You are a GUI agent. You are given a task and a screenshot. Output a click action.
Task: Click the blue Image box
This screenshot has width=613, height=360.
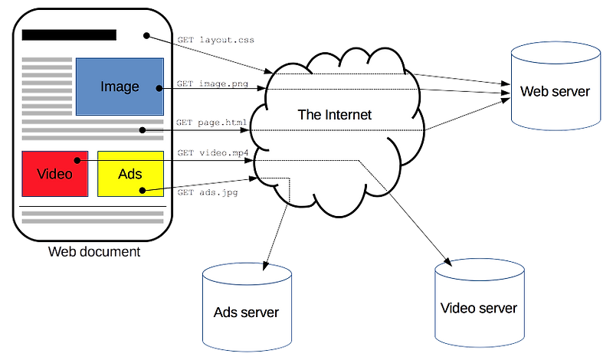tap(119, 86)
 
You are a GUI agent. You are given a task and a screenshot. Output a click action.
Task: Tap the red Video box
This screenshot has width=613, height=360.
tap(54, 173)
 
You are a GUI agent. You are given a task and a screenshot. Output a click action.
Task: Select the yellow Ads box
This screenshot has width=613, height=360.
tap(130, 173)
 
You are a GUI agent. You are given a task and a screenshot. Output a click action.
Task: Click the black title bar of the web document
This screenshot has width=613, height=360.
tap(69, 34)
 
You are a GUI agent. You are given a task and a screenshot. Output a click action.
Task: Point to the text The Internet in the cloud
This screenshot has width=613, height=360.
tap(334, 115)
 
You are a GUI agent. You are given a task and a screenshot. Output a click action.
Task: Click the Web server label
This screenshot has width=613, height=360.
tap(555, 91)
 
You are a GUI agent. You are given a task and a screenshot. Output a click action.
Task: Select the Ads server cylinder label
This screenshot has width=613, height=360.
tap(246, 313)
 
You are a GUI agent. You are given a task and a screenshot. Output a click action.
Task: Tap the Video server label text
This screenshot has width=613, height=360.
tap(479, 308)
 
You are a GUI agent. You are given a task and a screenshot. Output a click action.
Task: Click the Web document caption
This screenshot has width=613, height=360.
tap(93, 251)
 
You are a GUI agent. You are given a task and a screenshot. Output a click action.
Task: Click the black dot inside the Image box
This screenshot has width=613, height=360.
tap(159, 89)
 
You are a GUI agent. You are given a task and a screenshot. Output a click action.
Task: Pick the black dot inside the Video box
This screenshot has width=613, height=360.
tap(77, 161)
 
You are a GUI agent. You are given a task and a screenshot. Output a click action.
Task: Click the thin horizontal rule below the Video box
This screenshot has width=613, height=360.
tap(92, 208)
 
